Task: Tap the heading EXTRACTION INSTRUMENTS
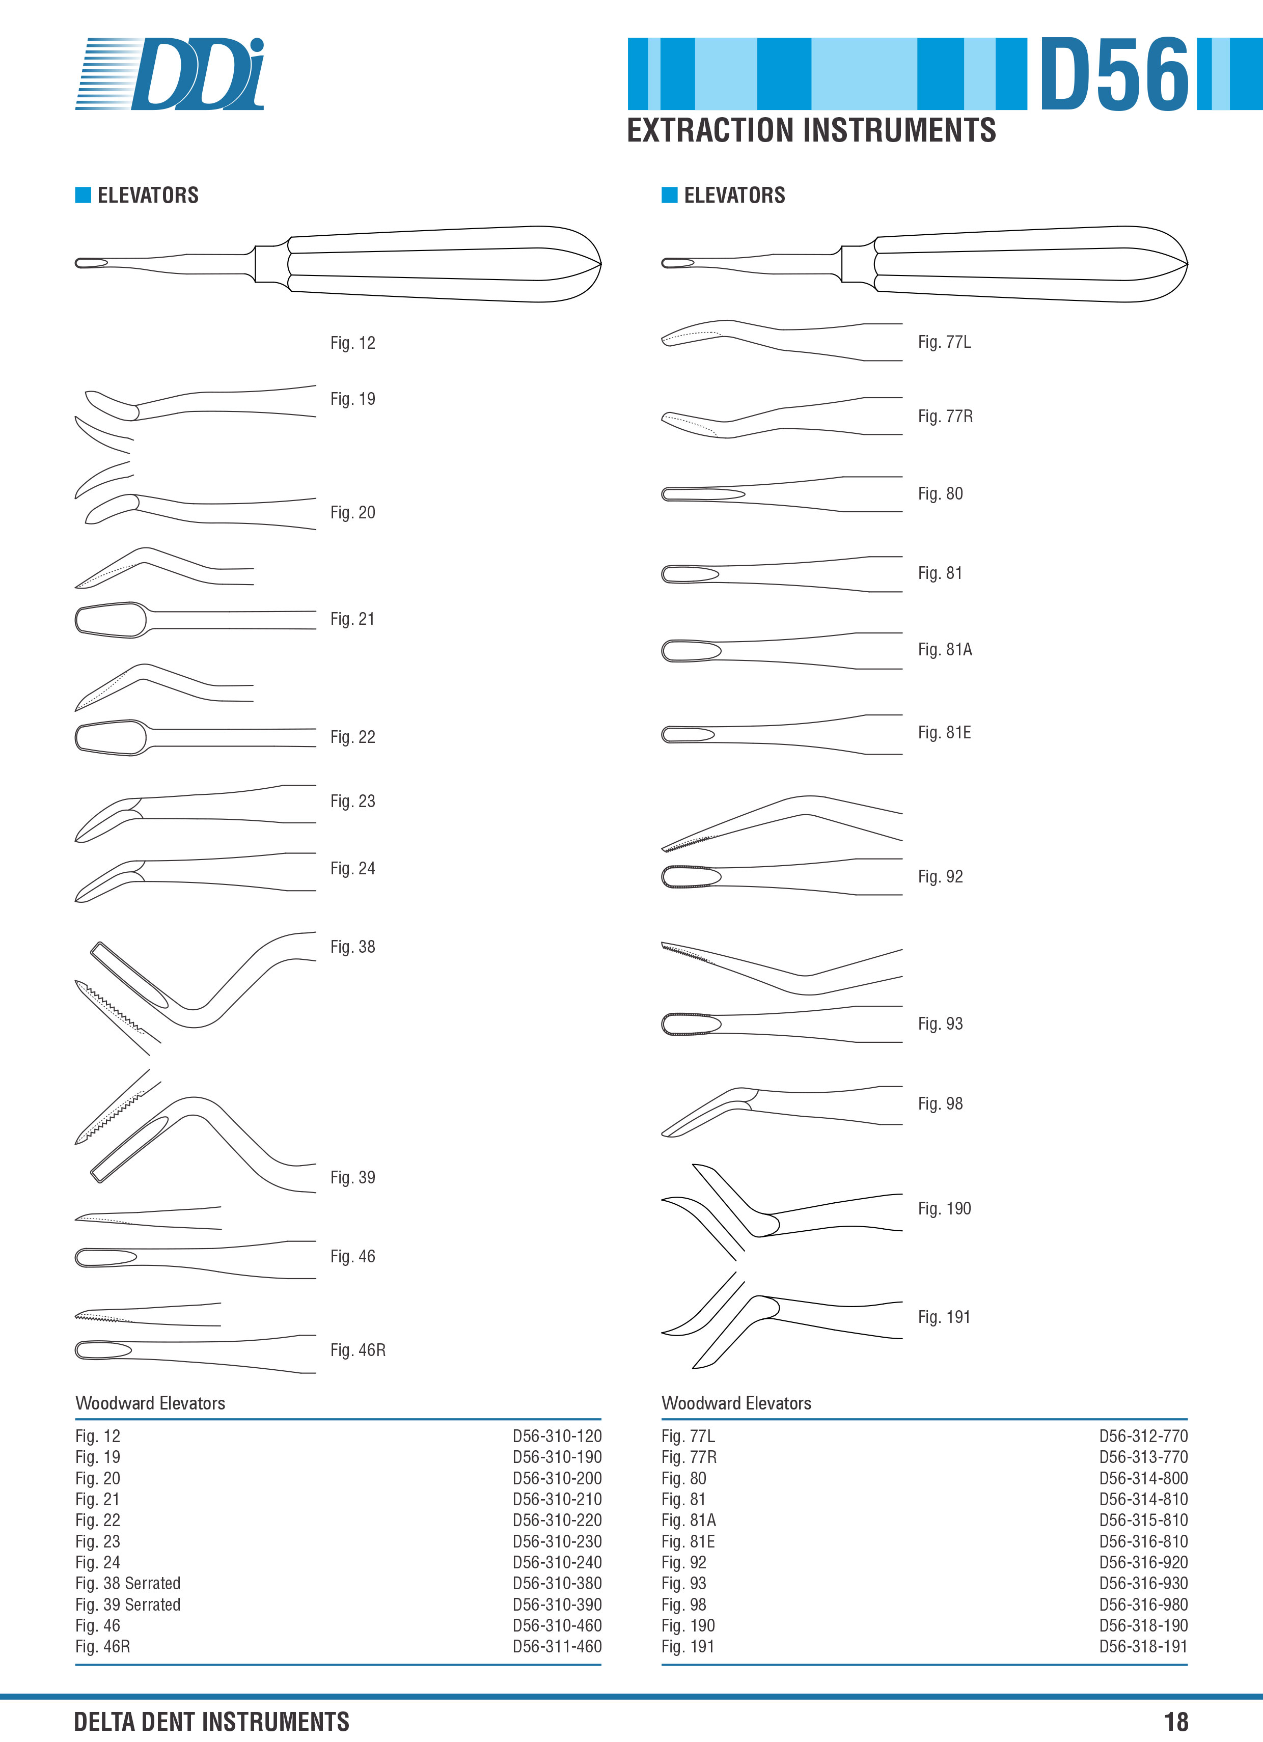(x=811, y=130)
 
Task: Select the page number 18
(x=1175, y=1721)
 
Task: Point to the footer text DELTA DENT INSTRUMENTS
(x=211, y=1721)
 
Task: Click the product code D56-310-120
(x=557, y=1435)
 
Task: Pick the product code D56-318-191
(x=1143, y=1646)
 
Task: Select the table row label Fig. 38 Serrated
(x=127, y=1583)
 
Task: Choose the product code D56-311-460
(x=557, y=1646)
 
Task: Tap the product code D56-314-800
(x=1143, y=1478)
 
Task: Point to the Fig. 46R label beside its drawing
(x=358, y=1349)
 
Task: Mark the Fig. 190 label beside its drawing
(x=944, y=1208)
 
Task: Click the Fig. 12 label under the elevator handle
(x=352, y=343)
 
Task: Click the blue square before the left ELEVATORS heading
(x=83, y=195)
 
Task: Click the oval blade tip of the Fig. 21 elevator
(x=112, y=619)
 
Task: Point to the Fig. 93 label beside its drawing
(x=940, y=1023)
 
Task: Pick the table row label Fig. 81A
(x=689, y=1520)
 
